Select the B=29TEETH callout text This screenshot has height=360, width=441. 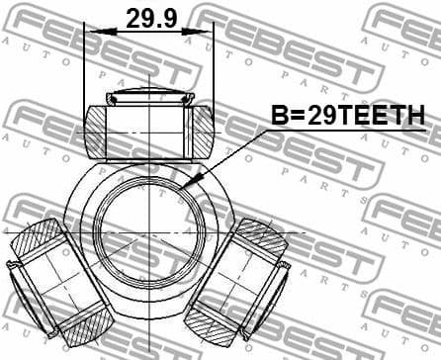(348, 116)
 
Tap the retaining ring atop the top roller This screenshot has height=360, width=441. (149, 97)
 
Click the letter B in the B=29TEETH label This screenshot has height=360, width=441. (280, 116)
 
